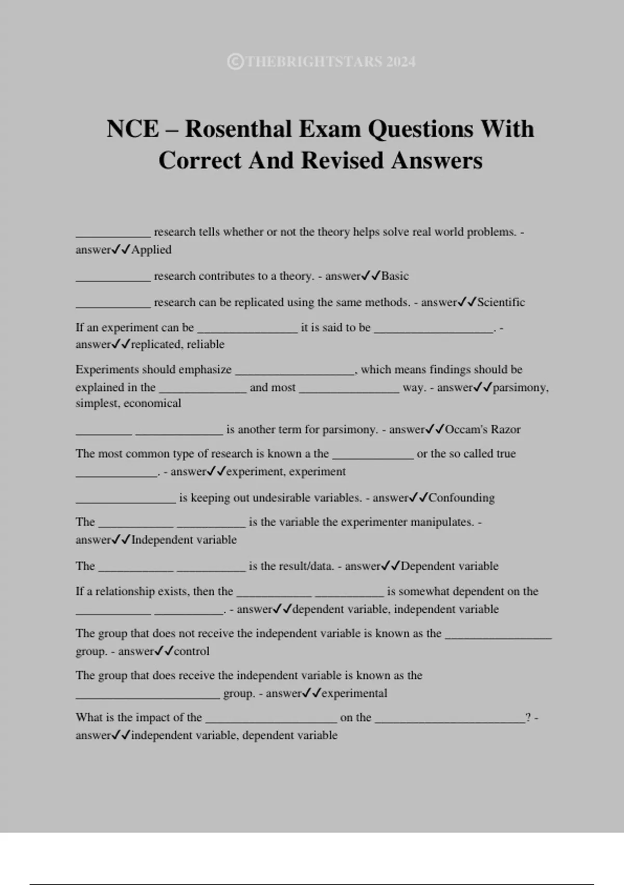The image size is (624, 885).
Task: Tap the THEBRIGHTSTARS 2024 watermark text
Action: pyautogui.click(x=321, y=62)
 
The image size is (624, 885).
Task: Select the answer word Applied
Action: pyautogui.click(x=151, y=250)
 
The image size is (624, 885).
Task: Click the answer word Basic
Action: pyautogui.click(x=395, y=276)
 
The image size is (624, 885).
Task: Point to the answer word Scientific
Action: pyautogui.click(x=501, y=302)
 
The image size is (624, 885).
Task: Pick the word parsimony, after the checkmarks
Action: pyautogui.click(x=520, y=388)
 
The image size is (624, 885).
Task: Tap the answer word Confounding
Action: pyautogui.click(x=461, y=498)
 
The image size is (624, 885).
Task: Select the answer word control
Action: pyautogui.click(x=191, y=651)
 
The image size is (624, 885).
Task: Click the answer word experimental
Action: pyautogui.click(x=354, y=693)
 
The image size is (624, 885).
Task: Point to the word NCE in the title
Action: pyautogui.click(x=133, y=129)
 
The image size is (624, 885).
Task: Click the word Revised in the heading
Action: pyautogui.click(x=343, y=160)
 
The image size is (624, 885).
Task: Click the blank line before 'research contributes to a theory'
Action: pyautogui.click(x=113, y=279)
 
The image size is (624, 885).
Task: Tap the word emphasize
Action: pyautogui.click(x=205, y=370)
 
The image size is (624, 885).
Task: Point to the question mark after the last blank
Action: pyautogui.click(x=528, y=717)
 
